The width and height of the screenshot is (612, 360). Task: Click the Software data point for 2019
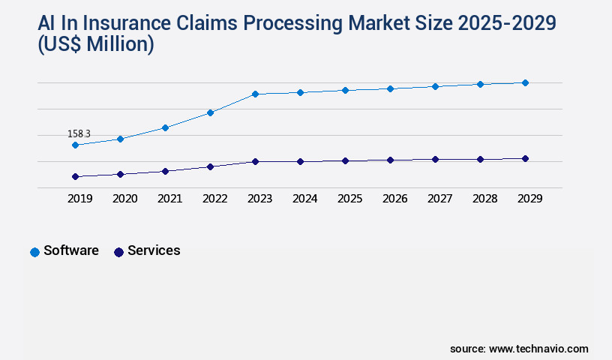75,145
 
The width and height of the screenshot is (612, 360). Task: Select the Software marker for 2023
255,94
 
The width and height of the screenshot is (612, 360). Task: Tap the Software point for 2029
525,82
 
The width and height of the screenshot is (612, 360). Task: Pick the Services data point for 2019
75,176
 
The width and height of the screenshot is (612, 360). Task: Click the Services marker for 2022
210,166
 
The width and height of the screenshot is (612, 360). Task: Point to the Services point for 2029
525,158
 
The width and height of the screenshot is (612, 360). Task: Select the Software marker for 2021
165,127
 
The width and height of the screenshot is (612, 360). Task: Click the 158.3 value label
79,133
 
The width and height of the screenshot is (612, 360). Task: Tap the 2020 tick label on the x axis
124,199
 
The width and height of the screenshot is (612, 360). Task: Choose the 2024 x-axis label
304,199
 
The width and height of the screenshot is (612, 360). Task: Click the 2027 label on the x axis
439,199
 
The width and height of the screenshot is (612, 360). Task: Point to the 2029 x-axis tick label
529,199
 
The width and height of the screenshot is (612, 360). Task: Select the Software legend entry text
71,250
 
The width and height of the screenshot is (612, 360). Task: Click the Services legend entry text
154,250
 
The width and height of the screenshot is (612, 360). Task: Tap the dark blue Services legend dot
118,252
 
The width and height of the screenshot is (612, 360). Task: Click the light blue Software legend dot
34,252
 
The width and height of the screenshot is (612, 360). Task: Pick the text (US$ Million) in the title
95,45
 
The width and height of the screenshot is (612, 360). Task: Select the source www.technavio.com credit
519,349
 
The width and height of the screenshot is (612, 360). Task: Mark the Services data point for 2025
345,160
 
